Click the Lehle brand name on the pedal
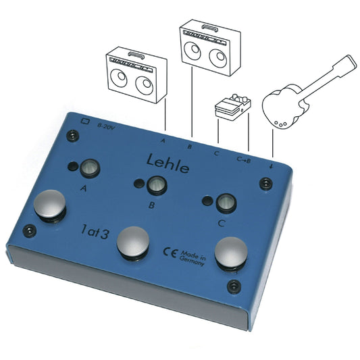(x=168, y=164)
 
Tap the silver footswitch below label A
(x=49, y=204)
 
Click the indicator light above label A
(x=90, y=168)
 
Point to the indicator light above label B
(x=157, y=184)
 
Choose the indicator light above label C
(x=226, y=203)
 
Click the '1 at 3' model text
(x=95, y=232)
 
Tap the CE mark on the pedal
(x=170, y=253)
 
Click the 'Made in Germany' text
(x=192, y=258)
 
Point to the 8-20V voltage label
(x=105, y=126)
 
